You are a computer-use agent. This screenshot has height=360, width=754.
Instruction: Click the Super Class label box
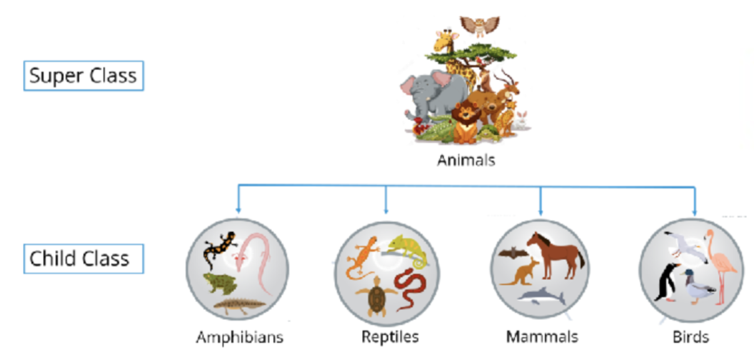[84, 75]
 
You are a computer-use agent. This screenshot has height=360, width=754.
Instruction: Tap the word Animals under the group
[466, 161]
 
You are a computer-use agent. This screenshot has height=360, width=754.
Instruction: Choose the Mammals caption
[542, 336]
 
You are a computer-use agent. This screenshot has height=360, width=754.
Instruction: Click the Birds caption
[690, 336]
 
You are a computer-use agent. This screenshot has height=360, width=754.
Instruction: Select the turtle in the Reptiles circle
[374, 299]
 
